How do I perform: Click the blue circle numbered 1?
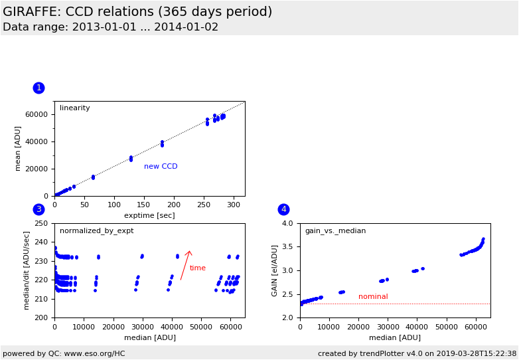coord(38,88)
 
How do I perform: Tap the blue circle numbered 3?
coord(38,209)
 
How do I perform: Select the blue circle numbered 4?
coord(283,209)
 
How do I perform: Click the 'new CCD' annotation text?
coord(161,167)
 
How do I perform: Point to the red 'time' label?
coord(198,268)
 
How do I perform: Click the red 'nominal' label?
coord(373,297)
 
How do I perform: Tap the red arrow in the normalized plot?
coord(185,265)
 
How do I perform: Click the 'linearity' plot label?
coord(74,108)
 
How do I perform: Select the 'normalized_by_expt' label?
coord(96,231)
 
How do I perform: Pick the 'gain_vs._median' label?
coord(335,231)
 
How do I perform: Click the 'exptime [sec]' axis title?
coord(149,215)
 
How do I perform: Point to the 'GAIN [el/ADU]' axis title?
coord(275,270)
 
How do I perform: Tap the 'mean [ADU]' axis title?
coord(18,149)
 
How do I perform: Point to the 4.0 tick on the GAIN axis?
coord(287,224)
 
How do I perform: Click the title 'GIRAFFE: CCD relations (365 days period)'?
coord(137,12)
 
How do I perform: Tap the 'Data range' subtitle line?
coord(110,27)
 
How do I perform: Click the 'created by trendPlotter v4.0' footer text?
coord(417,353)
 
